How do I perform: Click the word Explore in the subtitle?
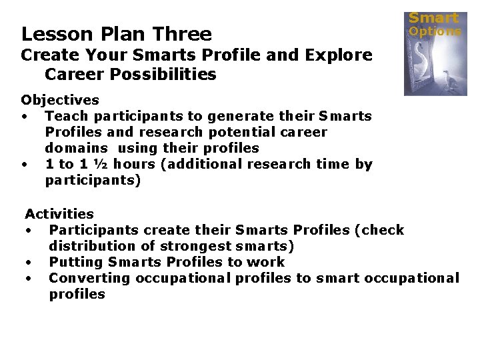(x=339, y=55)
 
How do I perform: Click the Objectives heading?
(x=60, y=101)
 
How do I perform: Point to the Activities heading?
(x=59, y=214)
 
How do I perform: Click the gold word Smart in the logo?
(x=433, y=18)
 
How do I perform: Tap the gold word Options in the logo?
(x=435, y=31)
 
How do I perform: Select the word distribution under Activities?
(x=89, y=246)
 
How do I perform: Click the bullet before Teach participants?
(x=25, y=117)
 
